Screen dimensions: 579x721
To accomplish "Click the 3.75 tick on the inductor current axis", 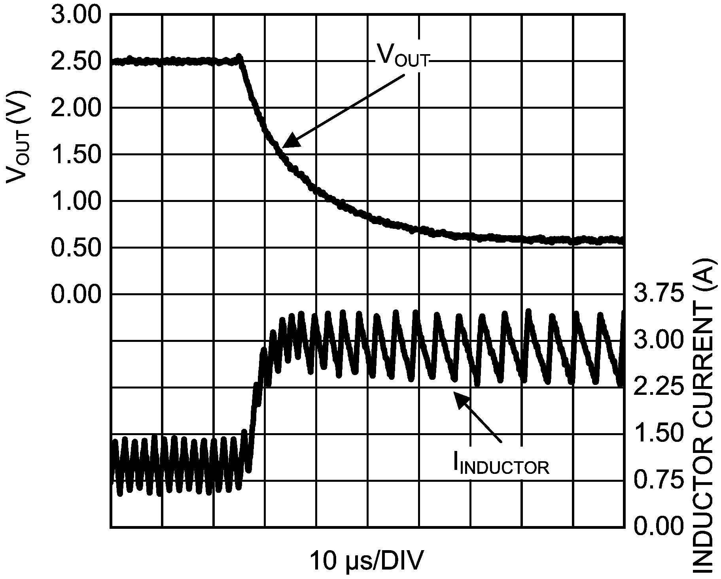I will (659, 295).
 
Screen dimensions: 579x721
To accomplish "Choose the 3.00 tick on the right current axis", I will (659, 341).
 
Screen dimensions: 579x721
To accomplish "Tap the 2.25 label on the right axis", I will (659, 387).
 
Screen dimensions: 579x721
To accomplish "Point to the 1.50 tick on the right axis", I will (659, 434).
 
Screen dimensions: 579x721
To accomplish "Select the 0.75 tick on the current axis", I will (659, 481).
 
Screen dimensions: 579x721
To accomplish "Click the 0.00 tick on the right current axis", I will (659, 527).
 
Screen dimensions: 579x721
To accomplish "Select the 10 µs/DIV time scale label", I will (366, 561).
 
